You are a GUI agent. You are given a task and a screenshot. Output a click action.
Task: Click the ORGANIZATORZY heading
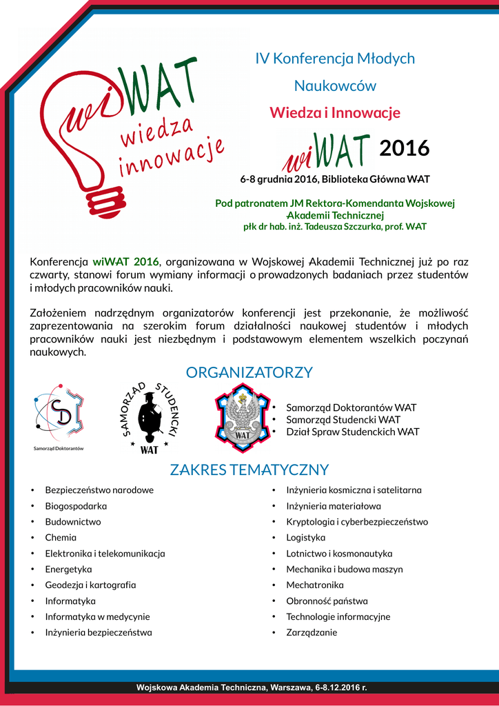(x=249, y=372)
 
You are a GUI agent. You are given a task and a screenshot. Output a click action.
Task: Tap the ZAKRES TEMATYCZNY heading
(x=249, y=470)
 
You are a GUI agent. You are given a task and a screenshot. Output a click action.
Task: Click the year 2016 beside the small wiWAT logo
(x=404, y=148)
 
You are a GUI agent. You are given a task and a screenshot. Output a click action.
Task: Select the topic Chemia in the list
(x=61, y=537)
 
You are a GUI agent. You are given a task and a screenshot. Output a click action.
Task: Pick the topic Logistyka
(x=305, y=537)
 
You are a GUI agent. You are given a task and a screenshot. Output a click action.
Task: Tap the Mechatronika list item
(x=314, y=585)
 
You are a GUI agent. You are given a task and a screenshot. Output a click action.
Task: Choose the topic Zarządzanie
(x=312, y=632)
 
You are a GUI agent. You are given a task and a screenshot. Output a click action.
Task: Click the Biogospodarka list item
(x=76, y=505)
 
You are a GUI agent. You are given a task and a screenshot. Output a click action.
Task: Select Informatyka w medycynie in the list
(x=97, y=616)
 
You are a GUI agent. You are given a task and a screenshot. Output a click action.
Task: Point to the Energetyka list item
(x=68, y=569)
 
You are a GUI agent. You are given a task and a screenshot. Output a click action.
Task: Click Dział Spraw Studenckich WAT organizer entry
(x=352, y=432)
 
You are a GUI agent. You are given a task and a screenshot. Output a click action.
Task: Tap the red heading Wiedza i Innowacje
(x=334, y=112)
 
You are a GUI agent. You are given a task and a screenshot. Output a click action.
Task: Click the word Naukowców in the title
(x=335, y=86)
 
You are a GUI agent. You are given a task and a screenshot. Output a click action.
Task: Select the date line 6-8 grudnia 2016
(x=334, y=179)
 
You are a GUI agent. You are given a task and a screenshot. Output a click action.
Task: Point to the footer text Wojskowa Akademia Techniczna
(x=252, y=687)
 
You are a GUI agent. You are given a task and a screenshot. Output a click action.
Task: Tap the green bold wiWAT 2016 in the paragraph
(x=125, y=261)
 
